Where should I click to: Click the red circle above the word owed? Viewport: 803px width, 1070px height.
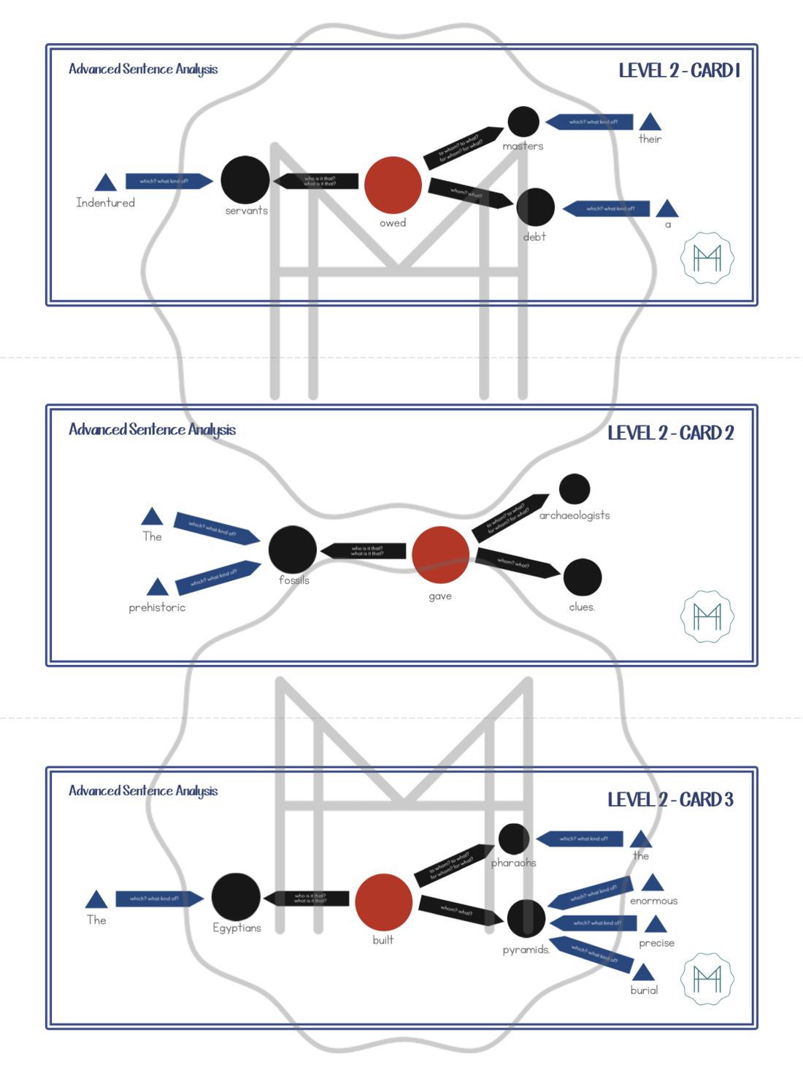pos(393,185)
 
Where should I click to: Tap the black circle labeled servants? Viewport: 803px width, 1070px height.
pos(245,180)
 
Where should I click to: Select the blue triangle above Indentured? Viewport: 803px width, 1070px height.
pos(106,182)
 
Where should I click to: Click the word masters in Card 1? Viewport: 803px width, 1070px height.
pos(523,146)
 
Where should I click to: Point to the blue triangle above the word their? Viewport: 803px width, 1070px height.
pos(650,122)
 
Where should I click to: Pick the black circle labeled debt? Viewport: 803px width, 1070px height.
pos(535,207)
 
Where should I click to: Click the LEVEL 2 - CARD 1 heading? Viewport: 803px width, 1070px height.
pos(679,71)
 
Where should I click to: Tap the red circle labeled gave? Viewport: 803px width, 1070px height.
pos(440,555)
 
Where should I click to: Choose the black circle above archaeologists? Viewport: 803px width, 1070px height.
pos(575,489)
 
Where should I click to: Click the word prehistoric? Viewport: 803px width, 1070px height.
pos(157,607)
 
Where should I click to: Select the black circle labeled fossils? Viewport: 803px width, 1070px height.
pos(293,549)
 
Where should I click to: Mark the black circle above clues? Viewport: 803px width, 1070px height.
pos(583,577)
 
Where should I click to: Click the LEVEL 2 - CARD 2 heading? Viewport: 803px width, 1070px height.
pos(670,433)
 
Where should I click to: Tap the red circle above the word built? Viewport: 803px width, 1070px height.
pos(384,902)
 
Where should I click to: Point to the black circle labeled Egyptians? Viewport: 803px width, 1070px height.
pos(236,897)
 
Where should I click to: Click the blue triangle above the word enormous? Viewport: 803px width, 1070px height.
pos(653,883)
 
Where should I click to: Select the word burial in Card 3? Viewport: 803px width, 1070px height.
pos(644,990)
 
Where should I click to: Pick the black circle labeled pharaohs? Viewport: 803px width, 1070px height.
pos(514,839)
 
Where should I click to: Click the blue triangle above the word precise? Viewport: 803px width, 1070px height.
pos(656,925)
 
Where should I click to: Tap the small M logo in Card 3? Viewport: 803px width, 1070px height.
pos(707,979)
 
